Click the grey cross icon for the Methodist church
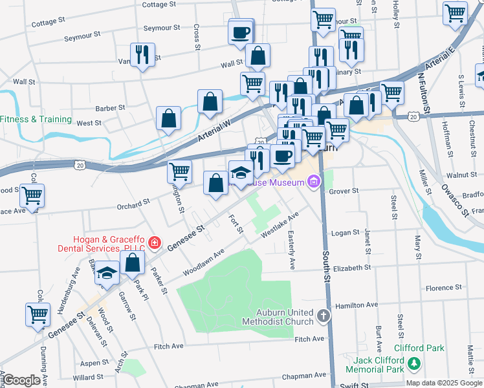pyautogui.click(x=323, y=316)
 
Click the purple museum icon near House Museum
pyautogui.click(x=314, y=182)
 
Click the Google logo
pyautogui.click(x=21, y=380)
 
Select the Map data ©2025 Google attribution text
pyautogui.click(x=444, y=383)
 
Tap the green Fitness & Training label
pyautogui.click(x=36, y=119)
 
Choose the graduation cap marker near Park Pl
pyautogui.click(x=107, y=273)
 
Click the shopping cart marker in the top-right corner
pyautogui.click(x=455, y=12)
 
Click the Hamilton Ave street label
pyautogui.click(x=354, y=305)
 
